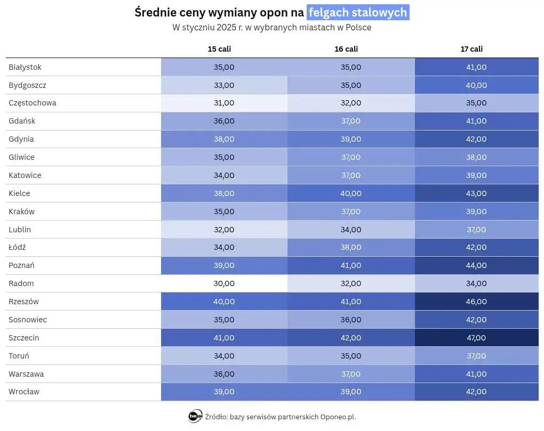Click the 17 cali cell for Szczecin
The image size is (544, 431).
point(476,338)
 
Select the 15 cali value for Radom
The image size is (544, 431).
point(223,283)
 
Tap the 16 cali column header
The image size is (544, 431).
point(346,49)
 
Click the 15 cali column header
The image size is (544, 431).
point(219,49)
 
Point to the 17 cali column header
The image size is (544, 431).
point(471,49)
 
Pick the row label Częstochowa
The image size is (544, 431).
point(33,103)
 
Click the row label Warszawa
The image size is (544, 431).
point(26,374)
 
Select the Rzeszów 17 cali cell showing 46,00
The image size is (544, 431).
point(476,302)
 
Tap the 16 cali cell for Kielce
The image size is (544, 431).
point(350,193)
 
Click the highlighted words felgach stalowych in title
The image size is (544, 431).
point(358,13)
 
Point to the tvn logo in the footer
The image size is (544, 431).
point(195,417)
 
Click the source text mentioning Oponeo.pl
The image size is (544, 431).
point(280,417)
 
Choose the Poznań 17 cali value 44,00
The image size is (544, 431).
point(476,265)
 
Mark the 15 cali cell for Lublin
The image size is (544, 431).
point(223,230)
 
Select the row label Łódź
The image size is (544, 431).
point(18,247)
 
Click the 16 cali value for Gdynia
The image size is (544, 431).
point(350,139)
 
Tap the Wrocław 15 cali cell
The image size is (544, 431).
point(223,392)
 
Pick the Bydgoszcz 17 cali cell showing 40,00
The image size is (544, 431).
point(476,85)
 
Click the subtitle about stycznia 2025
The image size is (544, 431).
point(271,28)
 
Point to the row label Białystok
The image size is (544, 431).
point(25,67)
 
